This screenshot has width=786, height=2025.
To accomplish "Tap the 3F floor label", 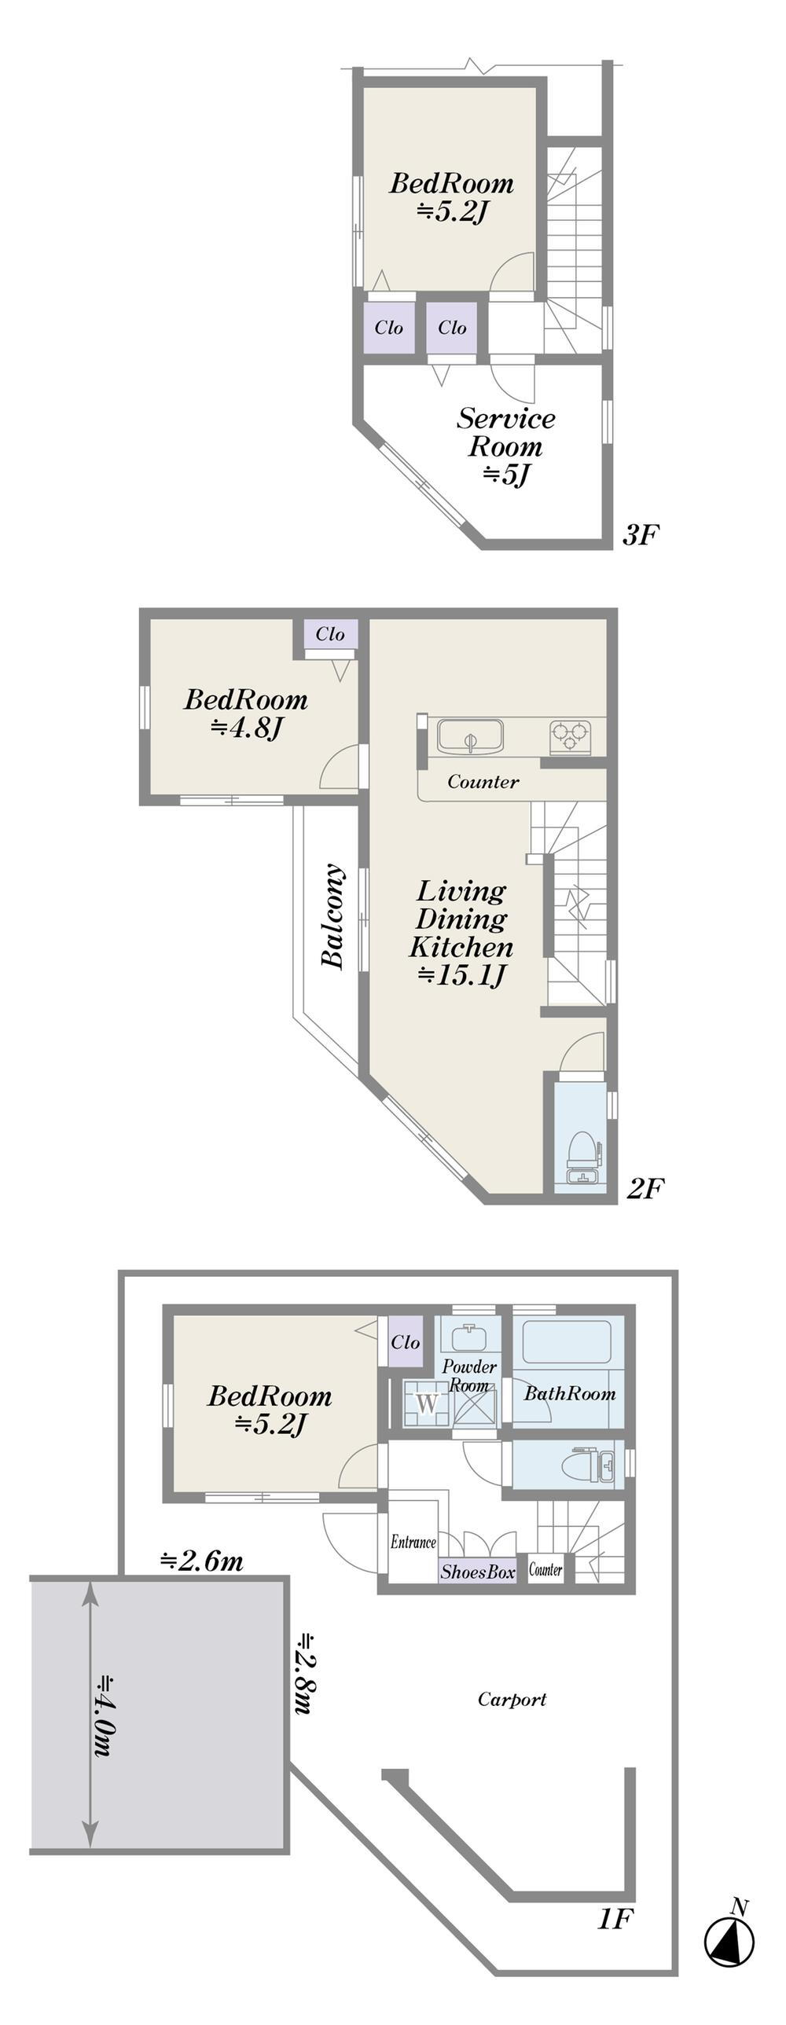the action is [640, 535].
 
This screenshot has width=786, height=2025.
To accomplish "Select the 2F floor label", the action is [645, 1188].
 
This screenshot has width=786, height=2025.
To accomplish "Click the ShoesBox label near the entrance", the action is [478, 1572].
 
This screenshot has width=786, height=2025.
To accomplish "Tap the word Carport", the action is [512, 1699].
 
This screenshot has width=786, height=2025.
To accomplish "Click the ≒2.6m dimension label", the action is [202, 1561].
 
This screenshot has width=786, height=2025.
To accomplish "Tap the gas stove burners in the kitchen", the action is [570, 735].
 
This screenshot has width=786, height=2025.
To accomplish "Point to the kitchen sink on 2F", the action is [471, 736].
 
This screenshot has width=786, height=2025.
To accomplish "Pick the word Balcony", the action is [333, 916].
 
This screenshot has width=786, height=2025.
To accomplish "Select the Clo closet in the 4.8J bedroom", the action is [330, 633].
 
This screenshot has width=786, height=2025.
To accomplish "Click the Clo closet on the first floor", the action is [405, 1341].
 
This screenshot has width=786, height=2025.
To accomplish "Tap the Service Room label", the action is [506, 432].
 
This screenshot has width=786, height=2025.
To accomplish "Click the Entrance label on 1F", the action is [413, 1542].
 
